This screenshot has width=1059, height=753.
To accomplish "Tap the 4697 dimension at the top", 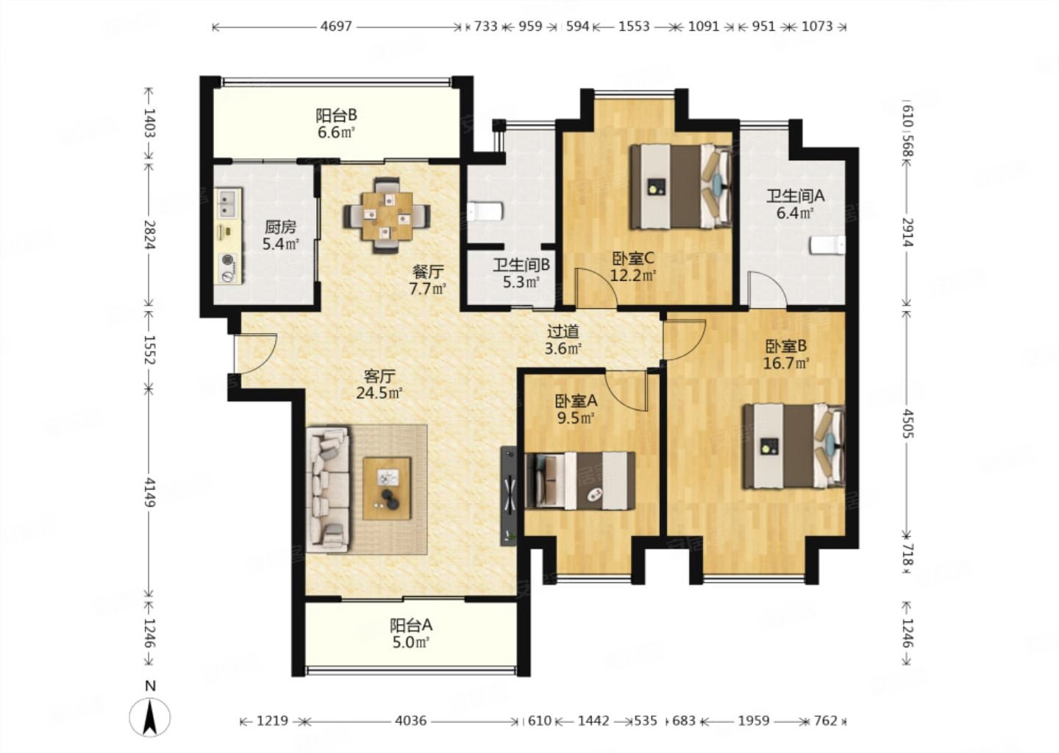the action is (x=336, y=26).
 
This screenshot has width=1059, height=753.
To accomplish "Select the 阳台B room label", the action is (x=336, y=115).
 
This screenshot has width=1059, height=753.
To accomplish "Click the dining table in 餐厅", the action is (x=387, y=215).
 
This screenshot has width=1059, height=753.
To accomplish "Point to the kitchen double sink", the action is (x=229, y=203).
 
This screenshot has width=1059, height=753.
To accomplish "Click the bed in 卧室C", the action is (x=681, y=186).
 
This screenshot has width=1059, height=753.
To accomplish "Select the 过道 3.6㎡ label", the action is (x=563, y=340).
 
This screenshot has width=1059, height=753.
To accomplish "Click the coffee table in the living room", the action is (x=387, y=488).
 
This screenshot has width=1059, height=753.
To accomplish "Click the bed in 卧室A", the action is (x=580, y=481).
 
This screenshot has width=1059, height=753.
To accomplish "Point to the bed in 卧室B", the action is (x=794, y=446).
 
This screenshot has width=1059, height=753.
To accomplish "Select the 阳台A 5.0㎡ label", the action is (x=411, y=634).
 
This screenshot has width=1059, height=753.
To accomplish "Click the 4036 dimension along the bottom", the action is (x=411, y=721).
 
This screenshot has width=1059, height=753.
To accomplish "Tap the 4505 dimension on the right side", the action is (x=907, y=424).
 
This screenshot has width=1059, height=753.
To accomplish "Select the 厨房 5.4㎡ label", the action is (x=281, y=235).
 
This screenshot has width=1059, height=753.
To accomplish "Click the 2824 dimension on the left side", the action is (x=150, y=234).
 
